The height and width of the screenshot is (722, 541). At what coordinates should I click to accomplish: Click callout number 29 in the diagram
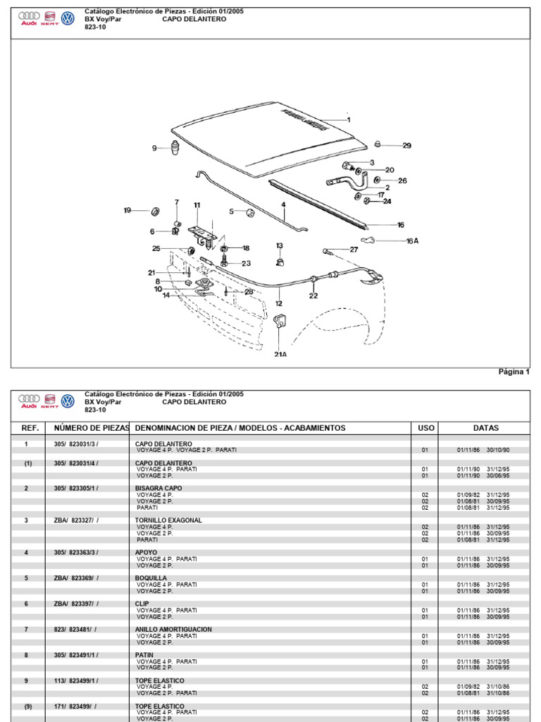[x=406, y=146]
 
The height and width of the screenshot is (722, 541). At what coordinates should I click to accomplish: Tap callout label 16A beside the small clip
[x=412, y=240]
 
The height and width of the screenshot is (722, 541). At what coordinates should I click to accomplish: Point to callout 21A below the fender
[x=280, y=355]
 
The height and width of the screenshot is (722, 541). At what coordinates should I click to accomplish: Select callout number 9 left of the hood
[x=154, y=148]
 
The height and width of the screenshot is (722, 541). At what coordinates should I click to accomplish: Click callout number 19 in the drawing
[x=128, y=210]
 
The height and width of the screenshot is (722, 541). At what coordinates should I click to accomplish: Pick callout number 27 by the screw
[x=354, y=250]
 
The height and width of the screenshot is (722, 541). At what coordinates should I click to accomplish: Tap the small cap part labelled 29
[x=378, y=145]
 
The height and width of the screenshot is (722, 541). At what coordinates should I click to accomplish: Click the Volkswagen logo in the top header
[x=68, y=18]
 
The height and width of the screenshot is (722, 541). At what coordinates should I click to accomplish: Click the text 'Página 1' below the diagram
[x=514, y=372]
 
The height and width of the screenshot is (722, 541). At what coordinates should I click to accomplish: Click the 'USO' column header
[x=426, y=428]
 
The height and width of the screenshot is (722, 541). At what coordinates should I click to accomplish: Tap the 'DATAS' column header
[x=485, y=428]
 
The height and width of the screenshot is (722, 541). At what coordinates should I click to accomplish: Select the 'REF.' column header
[x=30, y=428]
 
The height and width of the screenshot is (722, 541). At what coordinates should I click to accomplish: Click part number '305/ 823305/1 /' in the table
[x=76, y=488]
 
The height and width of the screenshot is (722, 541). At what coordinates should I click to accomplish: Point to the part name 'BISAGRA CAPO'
[x=158, y=488]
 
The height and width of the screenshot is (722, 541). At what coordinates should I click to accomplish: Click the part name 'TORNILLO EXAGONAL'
[x=168, y=520]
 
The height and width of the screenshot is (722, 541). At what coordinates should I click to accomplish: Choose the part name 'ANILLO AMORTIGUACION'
[x=173, y=629]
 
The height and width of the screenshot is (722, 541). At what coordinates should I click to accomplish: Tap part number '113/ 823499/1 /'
[x=76, y=680]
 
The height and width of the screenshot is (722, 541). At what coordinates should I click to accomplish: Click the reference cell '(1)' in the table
[x=27, y=463]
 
